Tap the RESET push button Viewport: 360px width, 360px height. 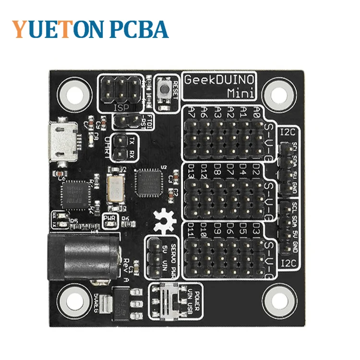(x=165, y=88)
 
